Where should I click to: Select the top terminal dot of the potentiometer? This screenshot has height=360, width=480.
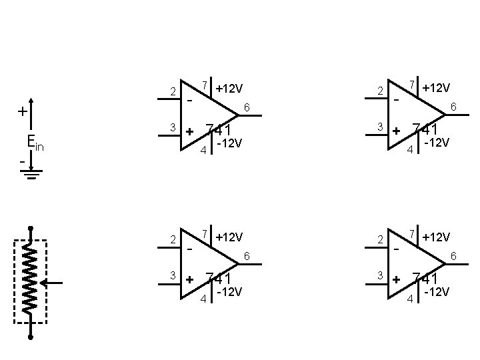click(x=31, y=228)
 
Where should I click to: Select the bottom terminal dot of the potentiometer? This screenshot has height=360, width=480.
click(x=31, y=337)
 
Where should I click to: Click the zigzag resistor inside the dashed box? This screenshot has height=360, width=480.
click(x=31, y=281)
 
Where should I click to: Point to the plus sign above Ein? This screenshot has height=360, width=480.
click(x=22, y=111)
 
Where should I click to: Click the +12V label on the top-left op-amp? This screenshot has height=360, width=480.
click(x=229, y=89)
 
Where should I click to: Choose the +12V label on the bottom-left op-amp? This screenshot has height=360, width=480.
click(x=229, y=237)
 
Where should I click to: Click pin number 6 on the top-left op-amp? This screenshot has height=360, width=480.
click(x=246, y=107)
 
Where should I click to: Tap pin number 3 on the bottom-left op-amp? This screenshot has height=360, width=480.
click(x=172, y=275)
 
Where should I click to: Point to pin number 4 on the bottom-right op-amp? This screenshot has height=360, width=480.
click(x=410, y=298)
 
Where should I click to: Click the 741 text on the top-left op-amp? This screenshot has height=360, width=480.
click(x=218, y=129)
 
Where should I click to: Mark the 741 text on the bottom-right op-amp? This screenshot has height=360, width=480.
click(x=425, y=279)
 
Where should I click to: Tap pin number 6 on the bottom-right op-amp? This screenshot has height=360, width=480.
click(x=453, y=255)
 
